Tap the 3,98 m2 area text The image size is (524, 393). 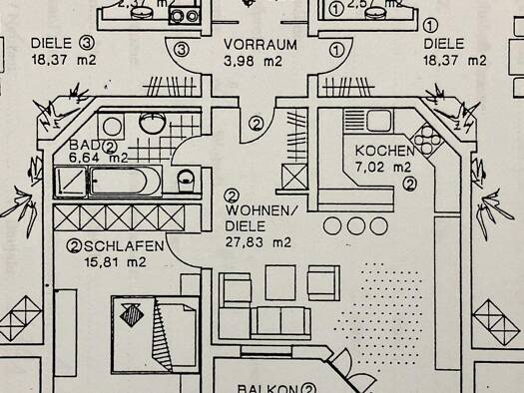pyautogui.click(x=255, y=62)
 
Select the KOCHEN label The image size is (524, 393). pyautogui.click(x=381, y=151)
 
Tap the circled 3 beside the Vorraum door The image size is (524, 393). pyautogui.click(x=181, y=48)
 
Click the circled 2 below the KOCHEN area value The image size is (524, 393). pyautogui.click(x=410, y=184)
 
